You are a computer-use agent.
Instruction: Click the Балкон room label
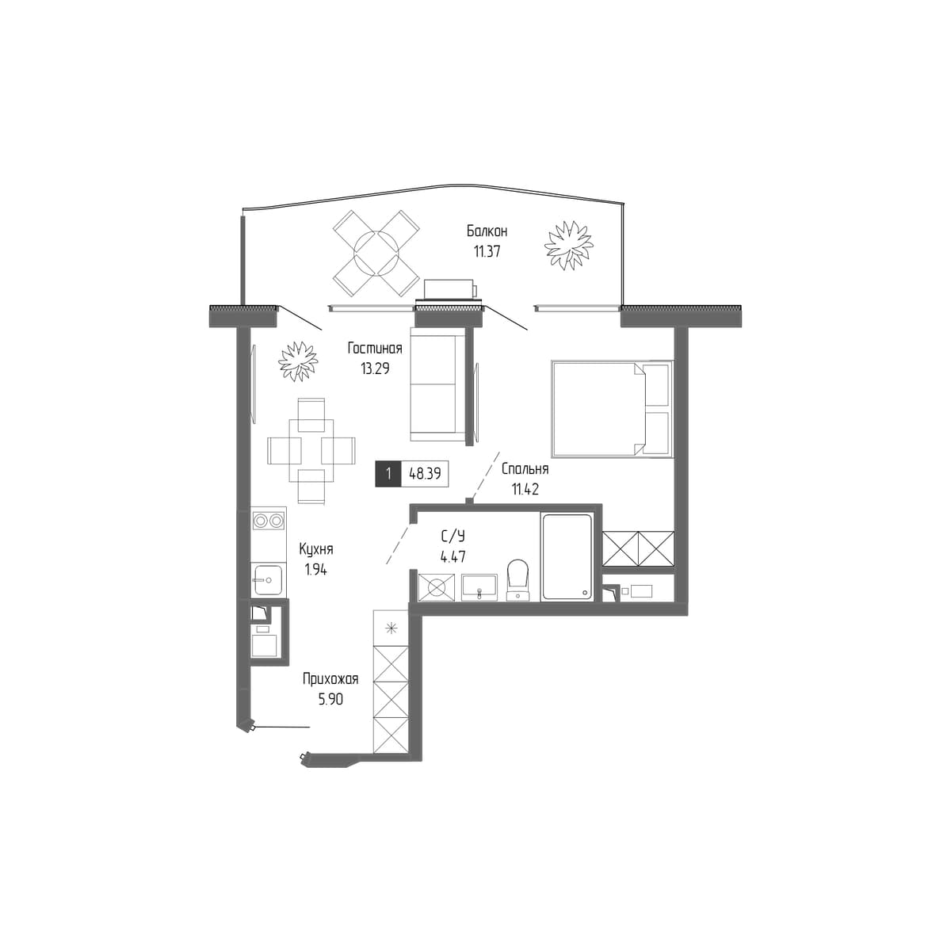point(487,231)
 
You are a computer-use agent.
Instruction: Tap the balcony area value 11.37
point(487,252)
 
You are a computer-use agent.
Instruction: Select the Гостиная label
point(375,349)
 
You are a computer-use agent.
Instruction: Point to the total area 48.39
point(425,474)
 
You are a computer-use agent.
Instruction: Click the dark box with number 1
point(388,474)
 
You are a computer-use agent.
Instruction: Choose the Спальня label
point(525,469)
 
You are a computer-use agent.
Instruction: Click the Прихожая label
point(330,679)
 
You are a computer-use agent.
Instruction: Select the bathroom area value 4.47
point(453,556)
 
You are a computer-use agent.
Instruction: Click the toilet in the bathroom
point(518,579)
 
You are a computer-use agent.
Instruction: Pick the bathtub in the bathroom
point(566,558)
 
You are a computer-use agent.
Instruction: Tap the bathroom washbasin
point(479,587)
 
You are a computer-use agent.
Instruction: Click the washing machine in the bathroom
point(437,587)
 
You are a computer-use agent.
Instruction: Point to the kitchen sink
point(268,580)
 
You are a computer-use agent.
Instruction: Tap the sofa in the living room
point(437,385)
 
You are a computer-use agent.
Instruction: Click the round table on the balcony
point(376,253)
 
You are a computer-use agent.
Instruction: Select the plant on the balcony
point(568,245)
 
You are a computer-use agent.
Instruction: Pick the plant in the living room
point(298,361)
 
